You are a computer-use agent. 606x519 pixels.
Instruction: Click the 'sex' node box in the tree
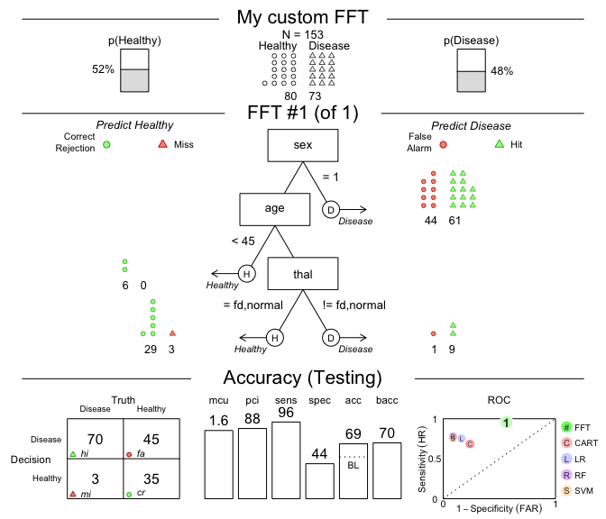coord(302,145)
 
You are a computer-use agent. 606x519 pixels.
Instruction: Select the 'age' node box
coord(274,209)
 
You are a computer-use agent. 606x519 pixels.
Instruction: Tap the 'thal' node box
coord(302,273)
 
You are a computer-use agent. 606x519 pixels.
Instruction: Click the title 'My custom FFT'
coord(302,18)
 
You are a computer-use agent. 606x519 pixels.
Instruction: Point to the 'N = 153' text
coord(302,34)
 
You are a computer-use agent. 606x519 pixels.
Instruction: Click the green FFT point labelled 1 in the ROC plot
coord(507,422)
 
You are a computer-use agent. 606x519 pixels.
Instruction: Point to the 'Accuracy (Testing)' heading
coord(302,378)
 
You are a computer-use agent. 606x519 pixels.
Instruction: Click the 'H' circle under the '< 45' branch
coord(247,273)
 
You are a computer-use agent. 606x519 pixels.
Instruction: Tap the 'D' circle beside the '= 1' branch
coord(331,209)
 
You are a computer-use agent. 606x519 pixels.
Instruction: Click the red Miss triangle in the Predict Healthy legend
coord(162,144)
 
